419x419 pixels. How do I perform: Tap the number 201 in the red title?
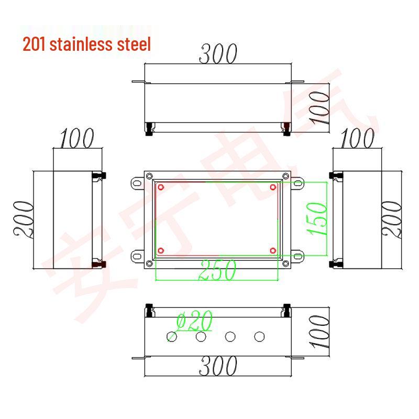(x=34, y=43)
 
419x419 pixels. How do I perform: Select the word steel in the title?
(x=132, y=43)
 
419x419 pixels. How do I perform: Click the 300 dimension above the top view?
(x=217, y=54)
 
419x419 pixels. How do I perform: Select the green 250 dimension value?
(x=217, y=269)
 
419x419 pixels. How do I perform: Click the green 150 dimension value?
(x=319, y=218)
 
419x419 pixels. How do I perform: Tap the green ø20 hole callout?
(x=194, y=321)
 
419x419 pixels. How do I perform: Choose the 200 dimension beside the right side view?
(x=394, y=218)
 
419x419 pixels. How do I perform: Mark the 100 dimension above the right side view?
(x=357, y=139)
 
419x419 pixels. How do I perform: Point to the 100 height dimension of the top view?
(x=318, y=107)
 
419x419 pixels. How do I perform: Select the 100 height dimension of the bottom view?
(x=318, y=333)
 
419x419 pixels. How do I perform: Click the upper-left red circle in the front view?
(x=161, y=187)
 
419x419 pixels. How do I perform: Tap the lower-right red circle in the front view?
(x=273, y=250)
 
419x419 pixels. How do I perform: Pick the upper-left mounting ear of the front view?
(x=137, y=183)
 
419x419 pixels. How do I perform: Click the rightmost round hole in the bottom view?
(x=259, y=336)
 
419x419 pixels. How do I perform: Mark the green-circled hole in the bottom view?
(x=171, y=336)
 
